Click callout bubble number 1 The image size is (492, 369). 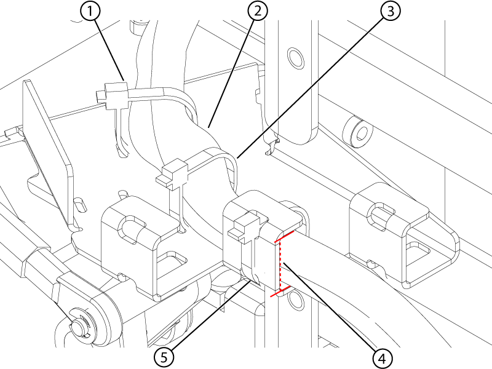click(90, 11)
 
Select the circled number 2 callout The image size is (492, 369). click(258, 11)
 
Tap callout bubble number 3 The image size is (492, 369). click(391, 11)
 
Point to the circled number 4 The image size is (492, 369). click(383, 358)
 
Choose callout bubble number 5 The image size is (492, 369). click(164, 357)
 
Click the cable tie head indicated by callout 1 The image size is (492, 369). click(113, 95)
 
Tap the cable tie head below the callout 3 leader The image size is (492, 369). click(172, 174)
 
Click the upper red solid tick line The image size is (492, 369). click(284, 236)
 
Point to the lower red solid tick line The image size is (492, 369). click(280, 291)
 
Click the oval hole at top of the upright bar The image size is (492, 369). click(296, 58)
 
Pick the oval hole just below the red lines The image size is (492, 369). click(296, 300)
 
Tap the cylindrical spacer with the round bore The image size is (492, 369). click(359, 132)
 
